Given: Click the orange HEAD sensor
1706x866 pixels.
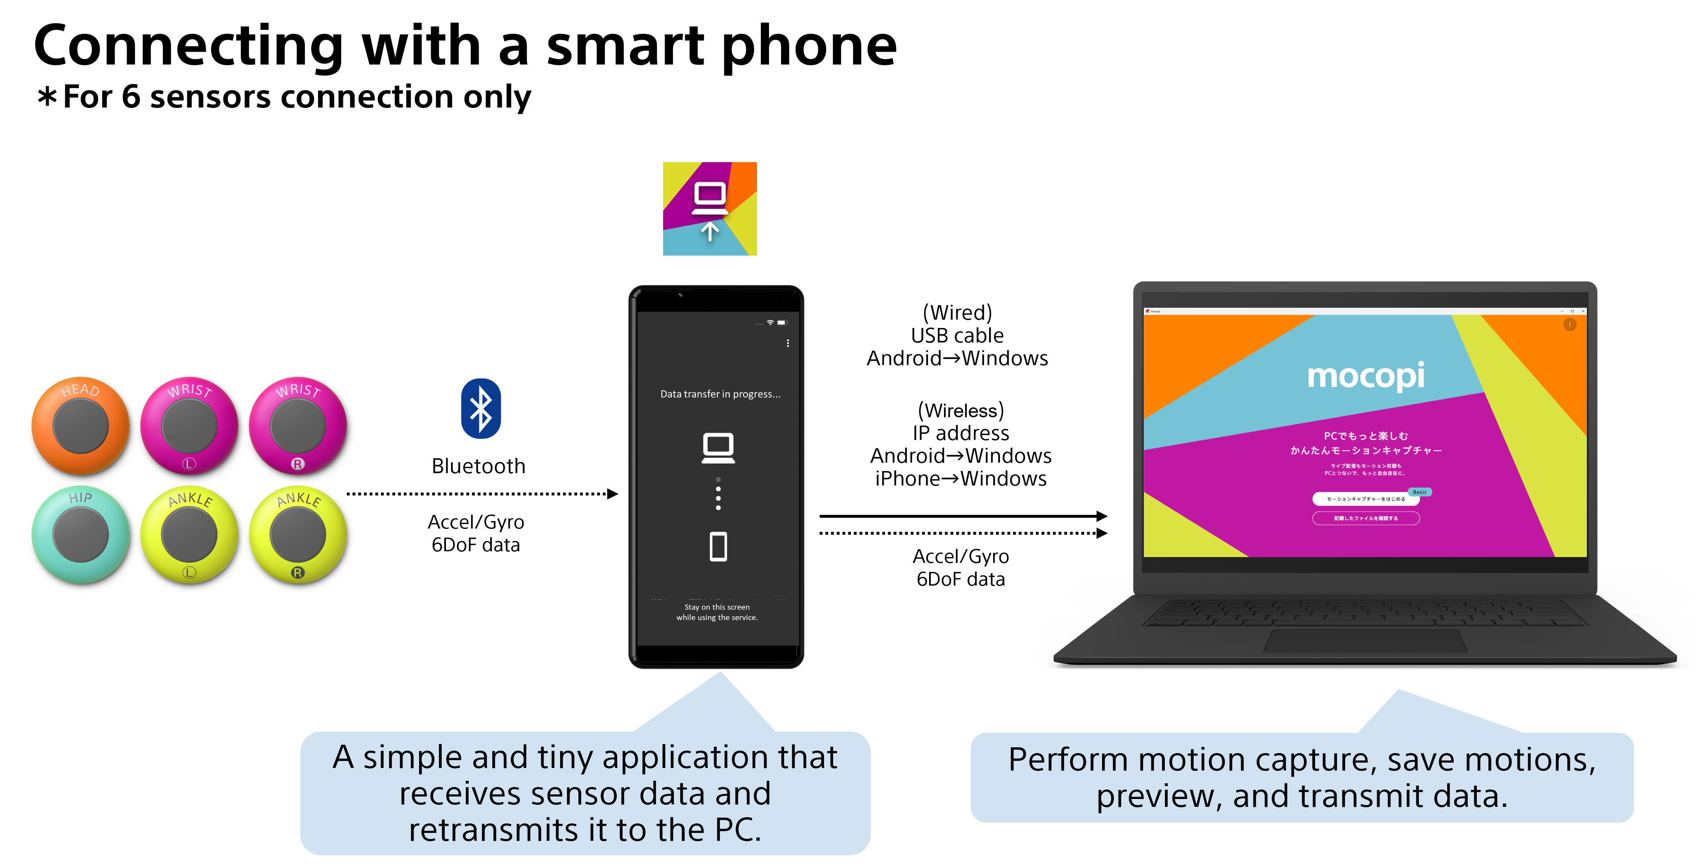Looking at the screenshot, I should tap(80, 425).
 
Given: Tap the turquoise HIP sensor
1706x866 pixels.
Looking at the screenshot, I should tap(80, 534).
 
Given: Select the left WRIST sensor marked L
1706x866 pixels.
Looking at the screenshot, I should tap(189, 425).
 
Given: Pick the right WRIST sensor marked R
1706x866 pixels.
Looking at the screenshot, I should tap(297, 425).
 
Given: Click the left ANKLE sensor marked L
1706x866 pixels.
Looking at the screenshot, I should tap(189, 534).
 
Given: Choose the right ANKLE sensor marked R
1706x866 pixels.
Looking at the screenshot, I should tap(297, 534).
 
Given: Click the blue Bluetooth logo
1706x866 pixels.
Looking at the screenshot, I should tap(480, 409).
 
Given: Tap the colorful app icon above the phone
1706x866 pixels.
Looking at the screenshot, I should tap(709, 208).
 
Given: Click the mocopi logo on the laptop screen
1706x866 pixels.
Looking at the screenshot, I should tap(1365, 376).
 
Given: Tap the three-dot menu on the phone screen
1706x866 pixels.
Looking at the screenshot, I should tap(788, 343).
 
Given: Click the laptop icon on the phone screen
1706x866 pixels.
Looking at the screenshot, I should tap(718, 447).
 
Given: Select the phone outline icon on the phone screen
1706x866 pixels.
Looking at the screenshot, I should tap(718, 546).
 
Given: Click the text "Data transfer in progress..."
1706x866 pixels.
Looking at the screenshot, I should tap(720, 394).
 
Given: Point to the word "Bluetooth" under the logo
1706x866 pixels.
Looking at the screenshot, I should tap(478, 466).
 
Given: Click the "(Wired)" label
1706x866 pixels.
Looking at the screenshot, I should tap(957, 313).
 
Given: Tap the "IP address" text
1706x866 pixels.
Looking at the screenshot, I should tap(960, 433).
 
